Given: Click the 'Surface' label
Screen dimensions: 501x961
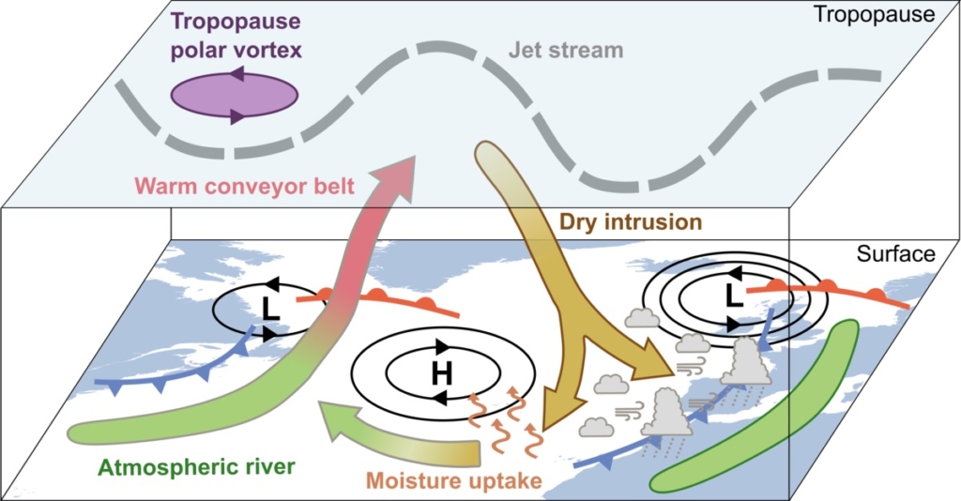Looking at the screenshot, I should [x=895, y=254].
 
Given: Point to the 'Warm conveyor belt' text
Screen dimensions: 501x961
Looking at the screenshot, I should [x=245, y=187].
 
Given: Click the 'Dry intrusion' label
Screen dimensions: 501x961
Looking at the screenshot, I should [x=631, y=222].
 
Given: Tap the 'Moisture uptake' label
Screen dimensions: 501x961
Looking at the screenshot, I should [x=454, y=481].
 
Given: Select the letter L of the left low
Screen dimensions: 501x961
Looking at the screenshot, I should [x=270, y=306].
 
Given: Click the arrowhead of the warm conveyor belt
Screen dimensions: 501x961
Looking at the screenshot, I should [x=395, y=172].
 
